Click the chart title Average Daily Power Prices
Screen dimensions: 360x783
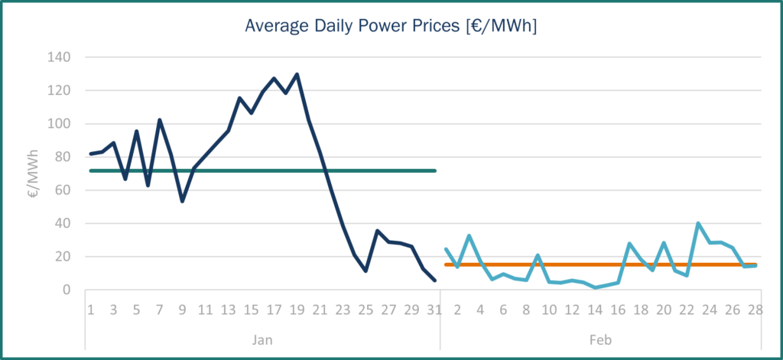[391, 26]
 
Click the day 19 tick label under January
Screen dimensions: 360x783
[297, 310]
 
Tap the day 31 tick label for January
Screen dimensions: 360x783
[434, 310]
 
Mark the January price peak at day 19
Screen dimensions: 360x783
[297, 74]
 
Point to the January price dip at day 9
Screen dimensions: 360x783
[182, 201]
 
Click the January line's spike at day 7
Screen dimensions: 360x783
[159, 120]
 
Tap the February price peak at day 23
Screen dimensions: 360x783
[698, 223]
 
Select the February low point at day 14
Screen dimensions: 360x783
[595, 287]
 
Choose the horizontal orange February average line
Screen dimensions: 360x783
[535, 264]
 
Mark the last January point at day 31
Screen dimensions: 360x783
[434, 281]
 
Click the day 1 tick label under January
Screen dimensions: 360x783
[90, 310]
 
